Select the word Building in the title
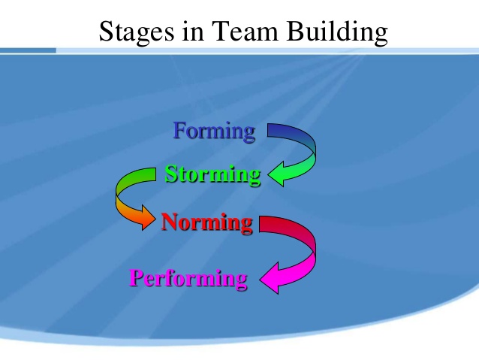point(339,32)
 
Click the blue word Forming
point(214,132)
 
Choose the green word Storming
point(212,174)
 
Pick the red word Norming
point(206,222)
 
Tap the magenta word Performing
point(188,279)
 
